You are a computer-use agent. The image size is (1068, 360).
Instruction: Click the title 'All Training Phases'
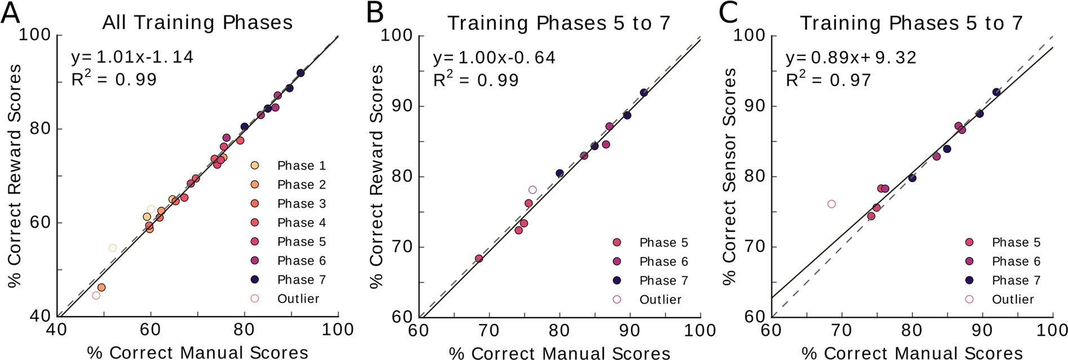197,23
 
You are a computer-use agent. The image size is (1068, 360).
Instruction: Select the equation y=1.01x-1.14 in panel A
132,57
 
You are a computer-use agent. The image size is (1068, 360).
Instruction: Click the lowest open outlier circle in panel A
96,295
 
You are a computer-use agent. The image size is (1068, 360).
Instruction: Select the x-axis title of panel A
197,352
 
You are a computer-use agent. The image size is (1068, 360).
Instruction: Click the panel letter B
374,12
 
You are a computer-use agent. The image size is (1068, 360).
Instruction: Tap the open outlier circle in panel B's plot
533,190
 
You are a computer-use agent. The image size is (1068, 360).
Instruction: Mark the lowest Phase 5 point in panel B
479,259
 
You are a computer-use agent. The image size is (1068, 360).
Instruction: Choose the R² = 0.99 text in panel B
476,80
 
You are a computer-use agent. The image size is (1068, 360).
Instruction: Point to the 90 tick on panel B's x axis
630,330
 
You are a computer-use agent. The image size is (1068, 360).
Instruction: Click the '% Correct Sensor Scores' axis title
729,176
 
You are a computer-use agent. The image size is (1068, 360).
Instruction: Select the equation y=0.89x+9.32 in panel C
850,57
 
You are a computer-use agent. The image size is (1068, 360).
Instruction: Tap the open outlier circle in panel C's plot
831,204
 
